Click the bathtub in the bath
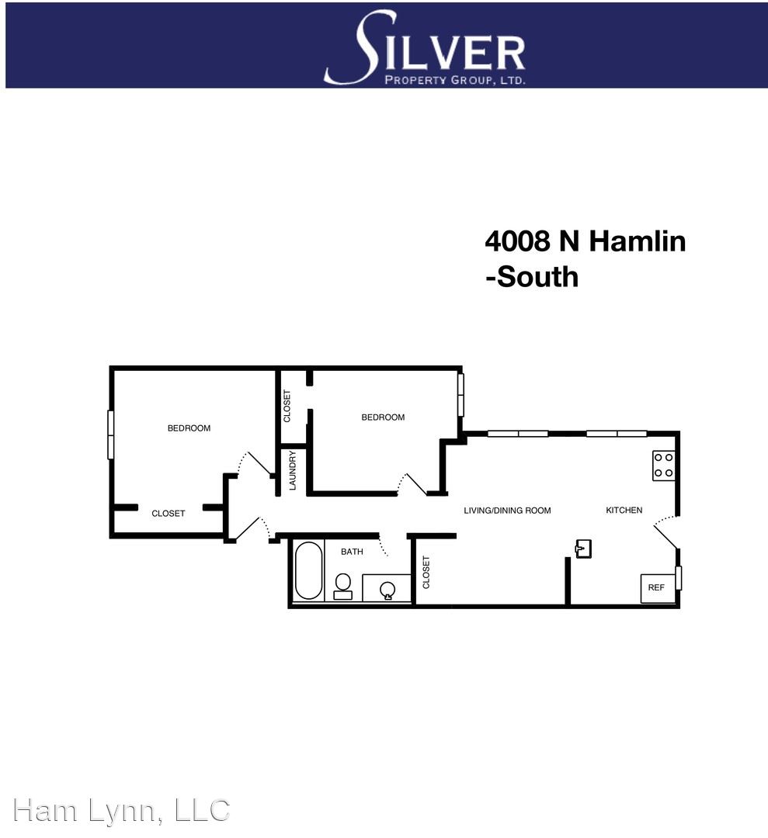pos(308,571)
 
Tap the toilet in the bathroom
pos(342,587)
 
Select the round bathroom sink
pos(387,590)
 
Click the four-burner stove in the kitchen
pos(663,466)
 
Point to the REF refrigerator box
pos(657,588)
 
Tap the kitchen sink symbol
pos(583,549)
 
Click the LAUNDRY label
pos(292,470)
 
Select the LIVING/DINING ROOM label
pos(507,511)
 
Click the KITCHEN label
pos(624,511)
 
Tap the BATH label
pos(352,552)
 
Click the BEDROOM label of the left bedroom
pos(189,428)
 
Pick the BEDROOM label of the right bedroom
pos(383,417)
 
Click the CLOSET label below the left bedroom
pos(168,514)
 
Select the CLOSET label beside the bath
pos(426,573)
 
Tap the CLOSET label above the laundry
pos(287,406)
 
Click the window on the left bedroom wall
pos(111,435)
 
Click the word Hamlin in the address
pos(637,241)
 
